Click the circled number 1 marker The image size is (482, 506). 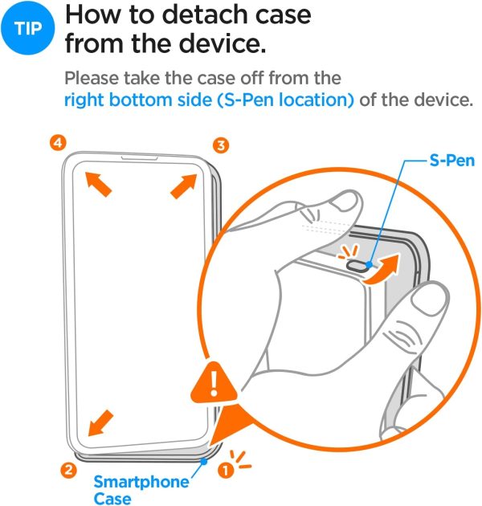click(227, 471)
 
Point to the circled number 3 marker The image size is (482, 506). click(221, 145)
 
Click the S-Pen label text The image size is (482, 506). click(451, 161)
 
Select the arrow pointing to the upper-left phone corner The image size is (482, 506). click(100, 186)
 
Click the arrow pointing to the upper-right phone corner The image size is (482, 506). click(182, 186)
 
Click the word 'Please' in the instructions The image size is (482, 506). click(89, 80)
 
